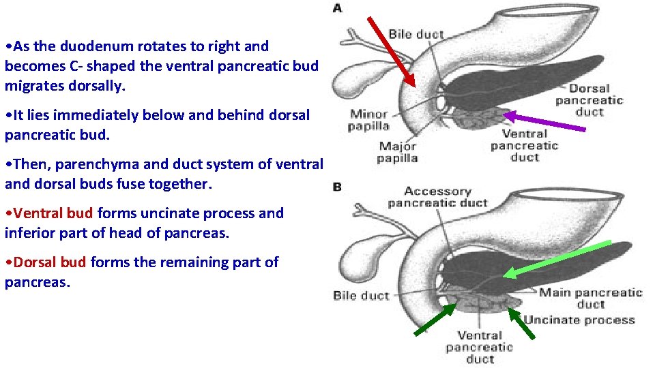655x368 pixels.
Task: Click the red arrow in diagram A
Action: pyautogui.click(x=392, y=52)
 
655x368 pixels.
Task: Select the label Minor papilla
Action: pyautogui.click(x=369, y=120)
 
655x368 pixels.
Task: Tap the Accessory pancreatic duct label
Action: pyautogui.click(x=437, y=197)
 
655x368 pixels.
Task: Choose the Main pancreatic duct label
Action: pyautogui.click(x=590, y=298)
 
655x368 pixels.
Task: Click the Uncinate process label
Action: pyautogui.click(x=579, y=320)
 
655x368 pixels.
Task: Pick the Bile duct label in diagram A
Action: pyautogui.click(x=416, y=33)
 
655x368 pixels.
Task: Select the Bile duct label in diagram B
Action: pyautogui.click(x=361, y=296)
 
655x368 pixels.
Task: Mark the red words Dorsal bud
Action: pyautogui.click(x=50, y=262)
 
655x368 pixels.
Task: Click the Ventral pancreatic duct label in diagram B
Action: pyautogui.click(x=479, y=346)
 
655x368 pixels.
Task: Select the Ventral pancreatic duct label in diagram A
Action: pyautogui.click(x=524, y=146)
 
